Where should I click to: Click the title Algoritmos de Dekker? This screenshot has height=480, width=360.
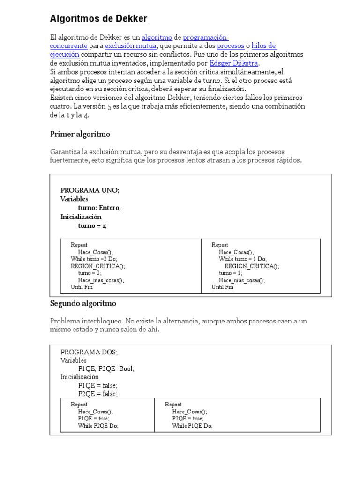pyautogui.click(x=98, y=19)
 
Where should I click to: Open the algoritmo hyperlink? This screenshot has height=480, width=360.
pyautogui.click(x=157, y=37)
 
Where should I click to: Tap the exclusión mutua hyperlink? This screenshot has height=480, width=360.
pyautogui.click(x=130, y=46)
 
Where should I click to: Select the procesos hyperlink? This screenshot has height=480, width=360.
pyautogui.click(x=231, y=46)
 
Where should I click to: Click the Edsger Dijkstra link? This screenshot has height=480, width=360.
pyautogui.click(x=234, y=63)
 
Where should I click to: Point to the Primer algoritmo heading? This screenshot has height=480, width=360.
pyautogui.click(x=80, y=135)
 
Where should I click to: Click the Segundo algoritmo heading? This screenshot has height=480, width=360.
pyautogui.click(x=83, y=303)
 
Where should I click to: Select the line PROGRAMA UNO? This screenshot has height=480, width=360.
pyautogui.click(x=90, y=190)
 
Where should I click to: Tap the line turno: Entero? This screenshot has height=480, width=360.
pyautogui.click(x=99, y=208)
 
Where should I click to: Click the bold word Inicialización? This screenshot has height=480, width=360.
pyautogui.click(x=81, y=217)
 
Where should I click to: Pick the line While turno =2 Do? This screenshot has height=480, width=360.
pyautogui.click(x=94, y=259)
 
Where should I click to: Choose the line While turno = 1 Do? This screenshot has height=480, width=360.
pyautogui.click(x=242, y=259)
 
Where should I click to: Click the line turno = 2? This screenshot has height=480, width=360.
pyautogui.click(x=90, y=273)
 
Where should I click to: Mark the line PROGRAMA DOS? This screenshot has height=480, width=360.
pyautogui.click(x=89, y=352)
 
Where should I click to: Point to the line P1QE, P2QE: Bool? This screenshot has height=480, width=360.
pyautogui.click(x=106, y=369)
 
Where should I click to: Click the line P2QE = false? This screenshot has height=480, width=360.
pyautogui.click(x=98, y=394)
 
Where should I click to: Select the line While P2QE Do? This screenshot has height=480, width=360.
pyautogui.click(x=98, y=426)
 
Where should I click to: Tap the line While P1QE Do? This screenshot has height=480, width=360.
pyautogui.click(x=192, y=426)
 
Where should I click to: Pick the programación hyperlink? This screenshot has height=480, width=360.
pyautogui.click(x=205, y=37)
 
